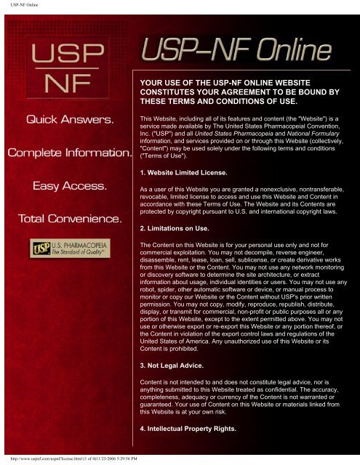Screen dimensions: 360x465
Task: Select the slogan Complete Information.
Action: coord(65,153)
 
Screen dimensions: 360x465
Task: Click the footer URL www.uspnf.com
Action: coord(44,459)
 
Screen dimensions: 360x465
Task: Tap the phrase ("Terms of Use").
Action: coord(168,156)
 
